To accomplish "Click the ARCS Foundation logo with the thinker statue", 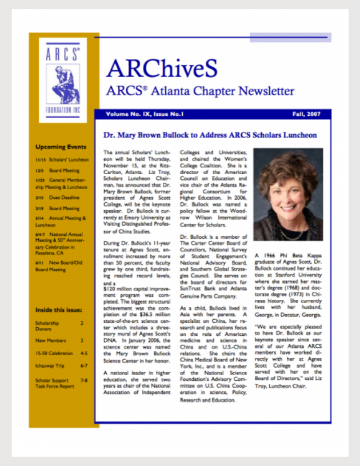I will point(63,79).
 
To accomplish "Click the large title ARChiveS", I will point(162,69).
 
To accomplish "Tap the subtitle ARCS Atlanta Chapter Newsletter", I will point(200,91).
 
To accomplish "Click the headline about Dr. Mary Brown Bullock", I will point(210,136).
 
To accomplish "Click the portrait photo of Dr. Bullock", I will point(288,195).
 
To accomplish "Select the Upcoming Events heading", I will point(61,147).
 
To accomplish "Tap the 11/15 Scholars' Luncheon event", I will point(62,159).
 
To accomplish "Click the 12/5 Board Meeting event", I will point(57,170).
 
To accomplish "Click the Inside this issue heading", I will point(58,310).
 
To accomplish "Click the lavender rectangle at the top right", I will point(290,37).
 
